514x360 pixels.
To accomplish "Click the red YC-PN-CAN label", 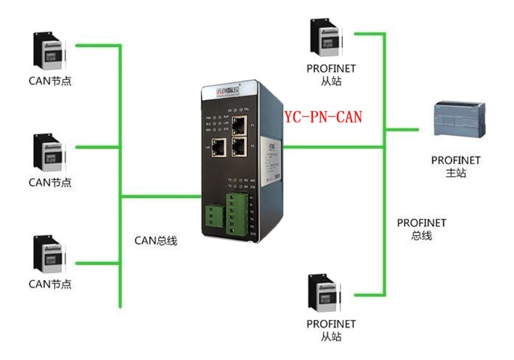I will (323, 116).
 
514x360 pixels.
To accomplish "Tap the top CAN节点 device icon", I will (49, 53).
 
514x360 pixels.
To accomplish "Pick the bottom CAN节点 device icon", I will (49, 255).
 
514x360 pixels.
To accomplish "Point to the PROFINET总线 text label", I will (421, 229).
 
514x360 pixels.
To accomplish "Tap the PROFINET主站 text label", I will (456, 167).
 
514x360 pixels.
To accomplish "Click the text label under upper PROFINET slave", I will (331, 75).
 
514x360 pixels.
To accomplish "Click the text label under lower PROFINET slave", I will (331, 330).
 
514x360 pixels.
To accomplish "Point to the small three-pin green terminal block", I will (212, 215).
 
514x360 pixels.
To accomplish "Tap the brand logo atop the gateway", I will (223, 92).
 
